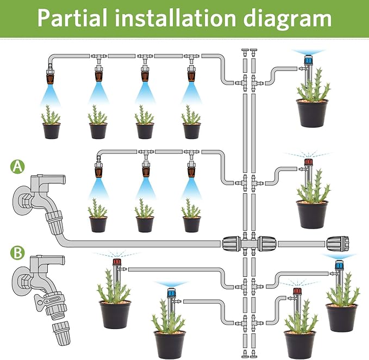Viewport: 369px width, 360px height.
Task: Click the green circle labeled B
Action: click(x=18, y=253)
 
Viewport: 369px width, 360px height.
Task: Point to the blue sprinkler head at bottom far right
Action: click(x=340, y=265)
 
